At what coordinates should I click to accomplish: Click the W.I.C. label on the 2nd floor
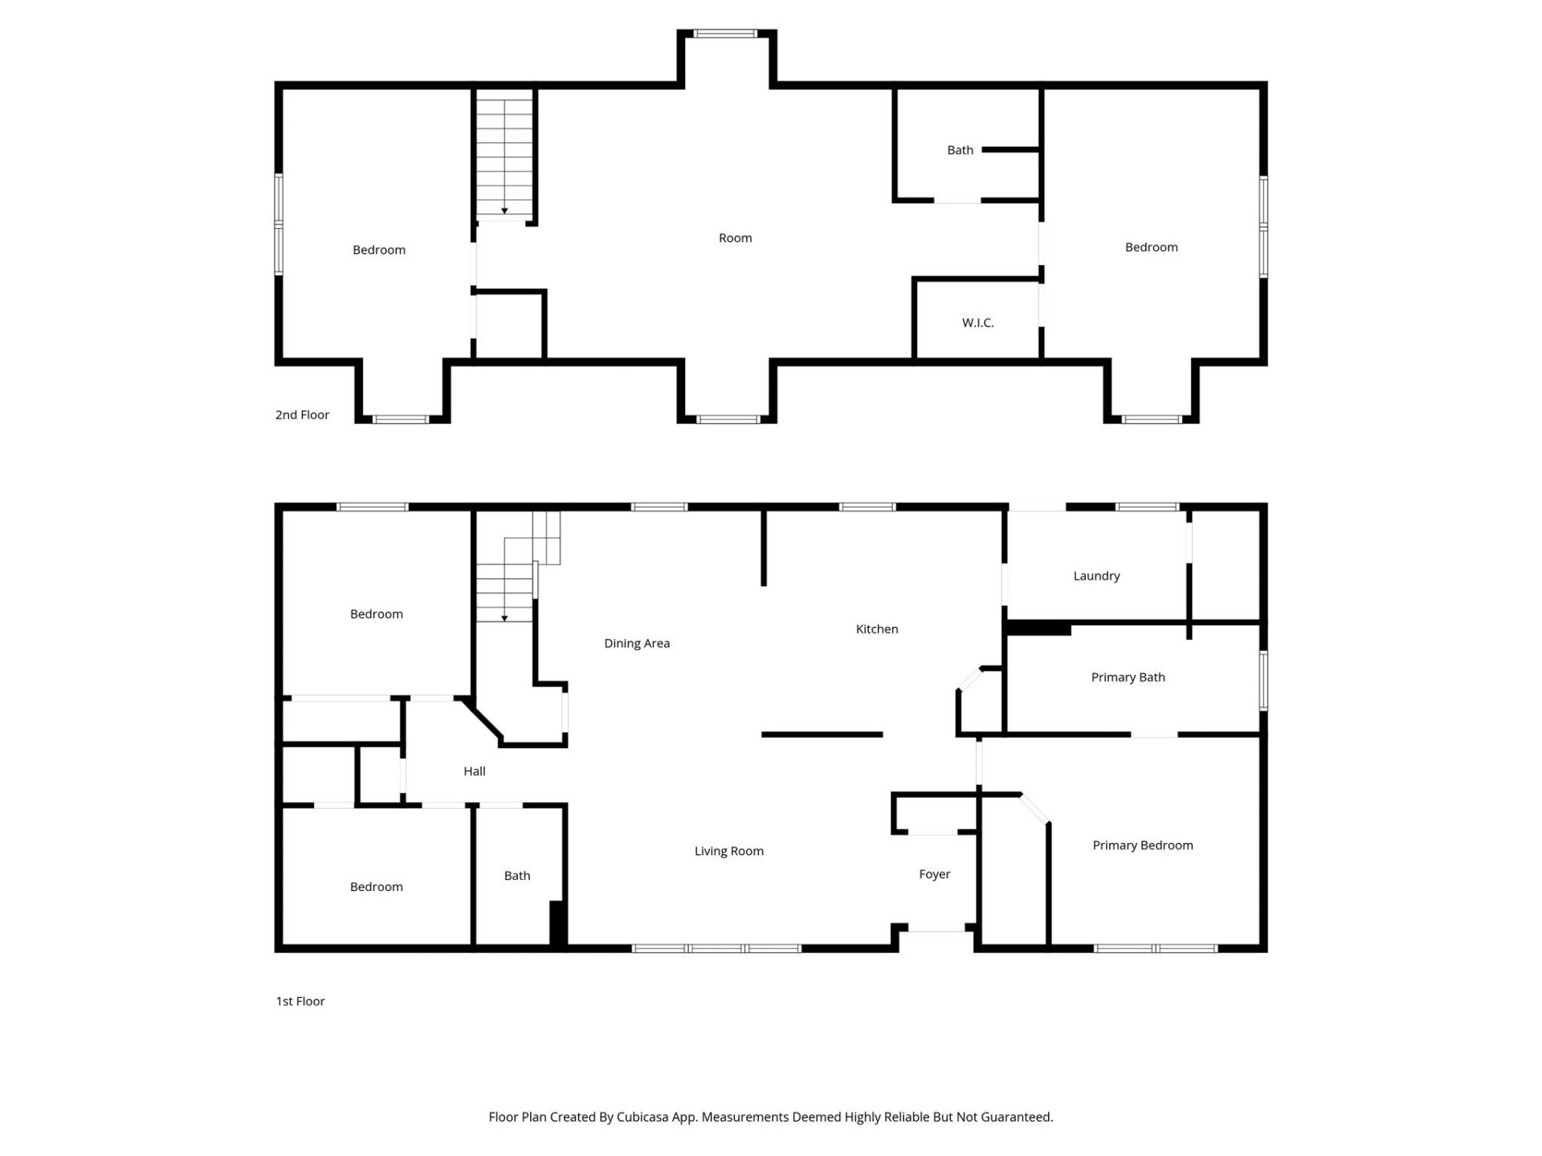coord(977,323)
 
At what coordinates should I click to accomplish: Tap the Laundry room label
coord(1095,576)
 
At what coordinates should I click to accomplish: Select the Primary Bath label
coord(1127,677)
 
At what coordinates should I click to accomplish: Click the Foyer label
coord(934,873)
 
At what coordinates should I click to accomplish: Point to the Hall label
coord(474,771)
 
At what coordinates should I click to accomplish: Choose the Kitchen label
coord(876,629)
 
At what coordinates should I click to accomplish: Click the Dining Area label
coord(636,643)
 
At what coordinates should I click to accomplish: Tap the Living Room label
coord(728,851)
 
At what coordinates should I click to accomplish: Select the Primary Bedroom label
coord(1142,845)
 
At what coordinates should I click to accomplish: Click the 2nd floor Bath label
coord(959,150)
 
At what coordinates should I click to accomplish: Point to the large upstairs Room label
coord(735,238)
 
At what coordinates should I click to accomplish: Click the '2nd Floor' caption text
coord(302,414)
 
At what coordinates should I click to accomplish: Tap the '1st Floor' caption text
coord(300,1001)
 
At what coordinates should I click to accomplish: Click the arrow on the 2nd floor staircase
coord(504,210)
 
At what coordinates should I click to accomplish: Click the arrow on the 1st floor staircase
coord(504,617)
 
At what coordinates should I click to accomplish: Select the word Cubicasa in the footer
coord(642,1117)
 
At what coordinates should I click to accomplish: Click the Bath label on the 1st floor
coord(516,875)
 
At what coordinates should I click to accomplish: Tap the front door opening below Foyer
coord(936,930)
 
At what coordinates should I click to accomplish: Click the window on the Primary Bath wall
coord(1263,681)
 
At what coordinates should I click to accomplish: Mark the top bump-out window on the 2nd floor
coord(725,34)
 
